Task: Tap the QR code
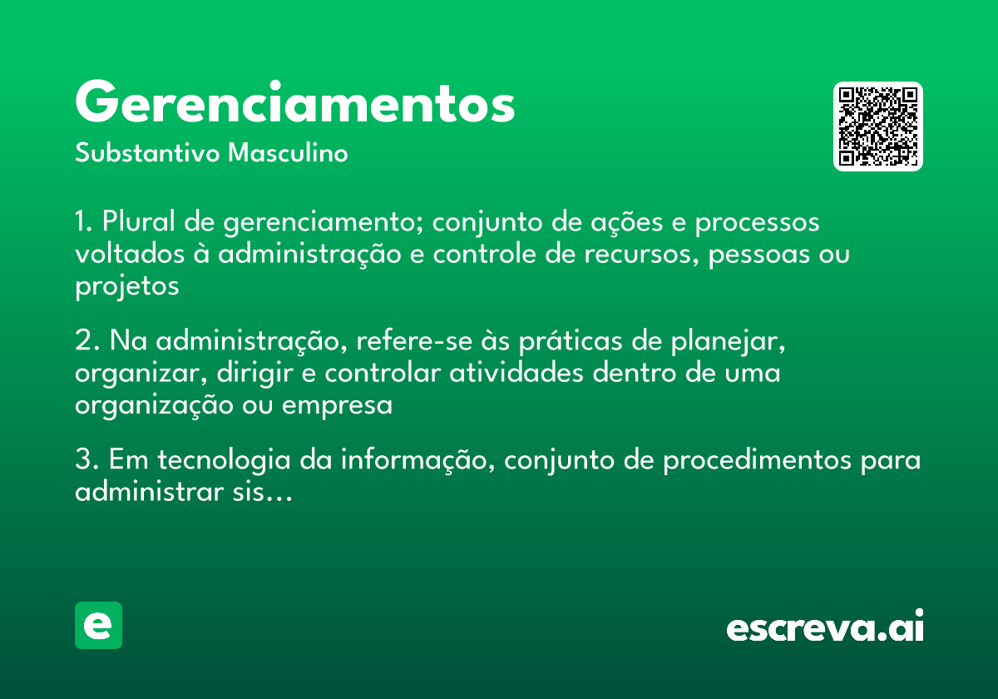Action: click(x=878, y=126)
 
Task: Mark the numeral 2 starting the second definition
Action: click(x=82, y=342)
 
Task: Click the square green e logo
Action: click(x=98, y=625)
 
